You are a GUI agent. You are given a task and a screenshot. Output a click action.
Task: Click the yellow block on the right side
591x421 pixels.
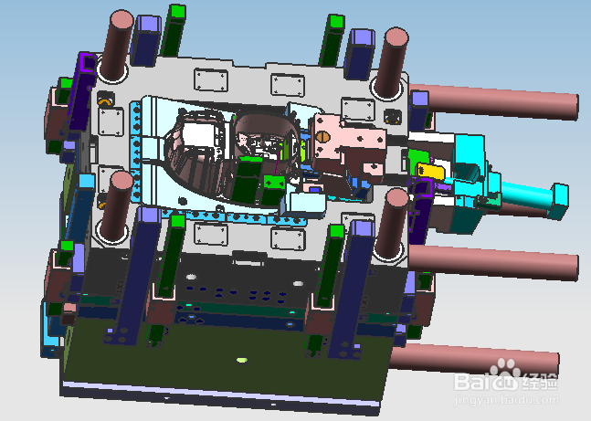pyautogui.click(x=430, y=171)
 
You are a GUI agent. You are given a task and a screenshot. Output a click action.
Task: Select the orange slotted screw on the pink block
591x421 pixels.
pyautogui.click(x=322, y=137)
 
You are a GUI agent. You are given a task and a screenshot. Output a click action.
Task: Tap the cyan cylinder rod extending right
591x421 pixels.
pyautogui.click(x=527, y=194)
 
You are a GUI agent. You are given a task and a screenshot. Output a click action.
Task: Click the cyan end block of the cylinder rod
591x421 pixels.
pyautogui.click(x=559, y=201)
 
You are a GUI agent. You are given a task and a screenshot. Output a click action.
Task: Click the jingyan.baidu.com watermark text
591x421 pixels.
pyautogui.click(x=506, y=399)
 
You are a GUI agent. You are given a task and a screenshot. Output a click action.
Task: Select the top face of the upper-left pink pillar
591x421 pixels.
pyautogui.click(x=121, y=19)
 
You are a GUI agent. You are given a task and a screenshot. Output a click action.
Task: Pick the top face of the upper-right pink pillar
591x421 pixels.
pyautogui.click(x=396, y=37)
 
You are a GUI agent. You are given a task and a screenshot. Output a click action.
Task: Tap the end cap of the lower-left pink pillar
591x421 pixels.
pyautogui.click(x=121, y=181)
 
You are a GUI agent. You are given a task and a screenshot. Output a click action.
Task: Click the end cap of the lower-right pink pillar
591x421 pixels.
pyautogui.click(x=396, y=198)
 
